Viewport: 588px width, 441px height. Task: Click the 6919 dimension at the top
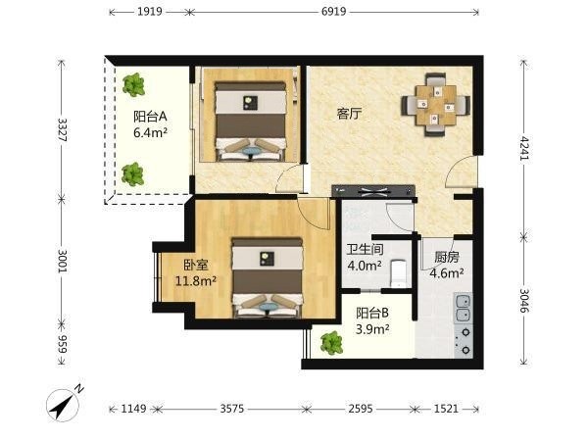click(334, 12)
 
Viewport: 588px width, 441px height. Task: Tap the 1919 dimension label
click(150, 12)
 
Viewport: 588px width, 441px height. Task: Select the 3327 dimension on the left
click(63, 129)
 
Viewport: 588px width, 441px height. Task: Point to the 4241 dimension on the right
click(525, 148)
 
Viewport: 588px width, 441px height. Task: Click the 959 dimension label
click(63, 344)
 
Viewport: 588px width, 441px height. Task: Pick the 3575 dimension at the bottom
click(231, 409)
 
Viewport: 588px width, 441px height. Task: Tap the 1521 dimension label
click(446, 409)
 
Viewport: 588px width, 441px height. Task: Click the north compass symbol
click(63, 404)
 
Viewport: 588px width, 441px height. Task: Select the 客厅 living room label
click(350, 114)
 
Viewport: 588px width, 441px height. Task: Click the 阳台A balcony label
click(150, 117)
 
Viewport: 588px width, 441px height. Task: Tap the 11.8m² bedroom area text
click(196, 280)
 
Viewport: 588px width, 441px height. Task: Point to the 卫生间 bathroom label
click(365, 249)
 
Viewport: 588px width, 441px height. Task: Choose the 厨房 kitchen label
click(447, 257)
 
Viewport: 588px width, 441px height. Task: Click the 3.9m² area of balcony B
click(372, 329)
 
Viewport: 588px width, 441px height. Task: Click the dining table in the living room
click(436, 106)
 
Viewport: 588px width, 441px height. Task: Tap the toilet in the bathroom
click(399, 272)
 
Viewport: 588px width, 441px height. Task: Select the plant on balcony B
click(331, 343)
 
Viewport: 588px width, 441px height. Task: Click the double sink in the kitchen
click(464, 308)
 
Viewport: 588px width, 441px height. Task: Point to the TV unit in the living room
click(373, 191)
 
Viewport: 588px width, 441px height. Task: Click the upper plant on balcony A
click(134, 84)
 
